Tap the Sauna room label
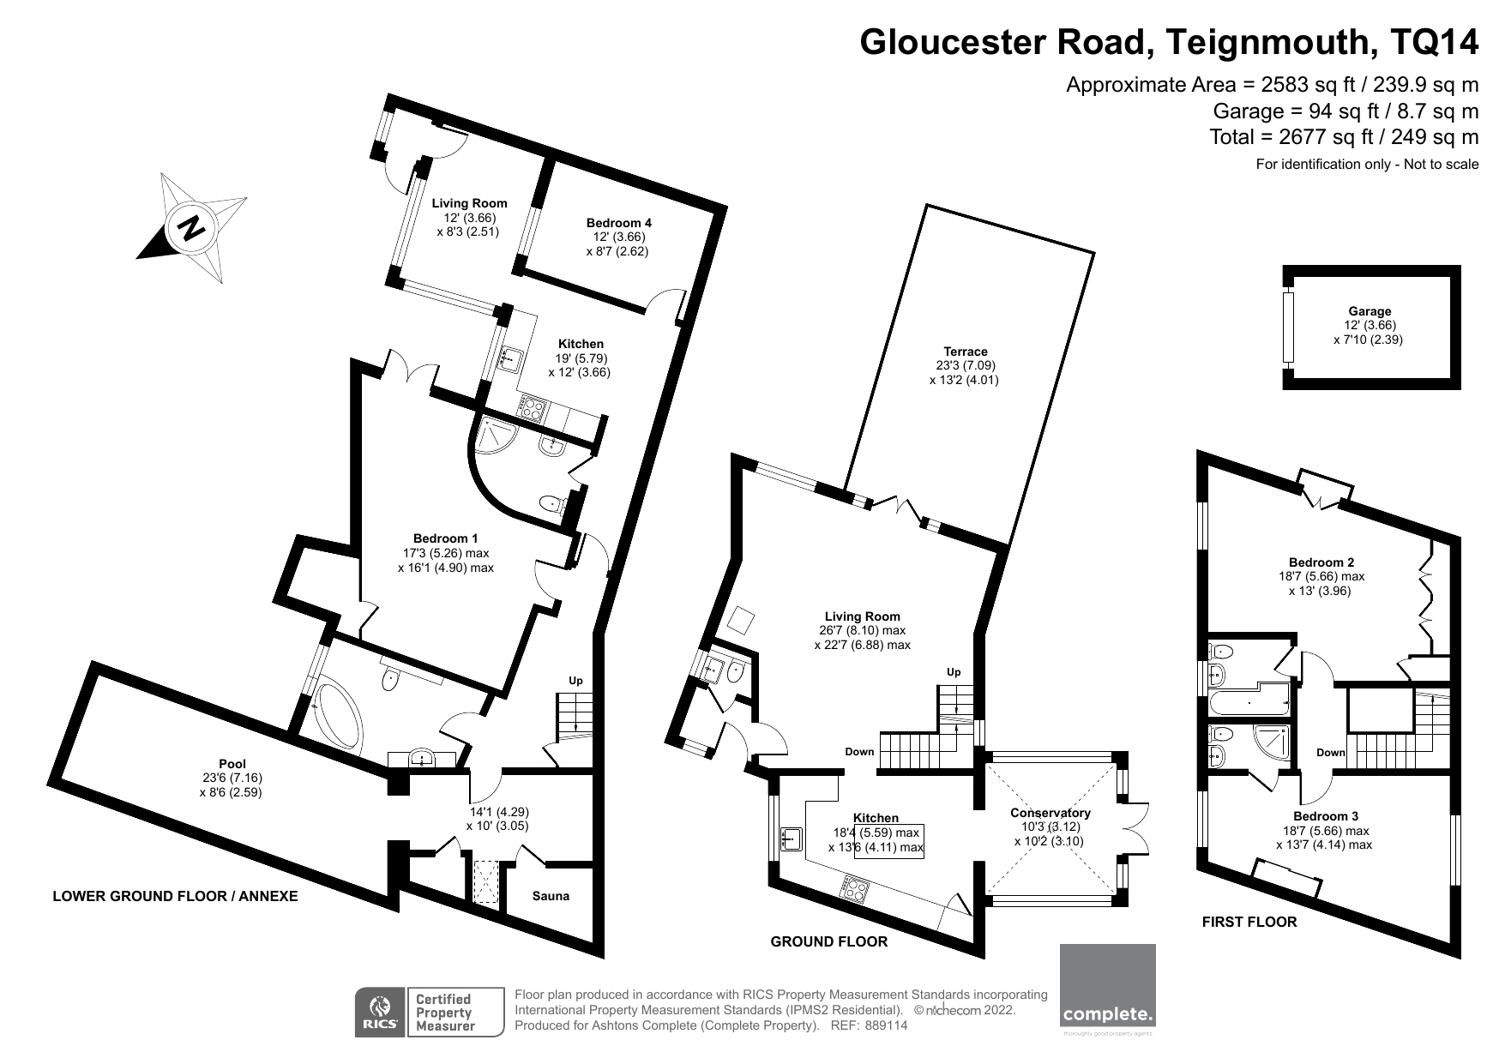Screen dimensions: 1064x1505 coord(551,896)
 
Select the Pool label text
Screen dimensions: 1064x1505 coord(232,764)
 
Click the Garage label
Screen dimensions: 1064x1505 coord(1370,311)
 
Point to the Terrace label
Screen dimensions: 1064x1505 coord(966,352)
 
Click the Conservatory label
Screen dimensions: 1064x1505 coord(1050,813)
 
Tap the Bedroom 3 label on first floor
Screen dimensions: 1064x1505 coord(1326,816)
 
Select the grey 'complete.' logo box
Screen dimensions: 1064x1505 coord(1108,986)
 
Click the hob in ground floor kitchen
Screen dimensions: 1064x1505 coord(856,888)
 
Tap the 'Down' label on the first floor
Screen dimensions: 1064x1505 coord(1331,753)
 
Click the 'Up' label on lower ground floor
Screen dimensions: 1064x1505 coord(575,681)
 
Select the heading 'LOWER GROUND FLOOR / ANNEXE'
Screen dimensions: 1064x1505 coord(175,897)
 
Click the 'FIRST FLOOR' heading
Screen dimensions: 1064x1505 coord(1249,923)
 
